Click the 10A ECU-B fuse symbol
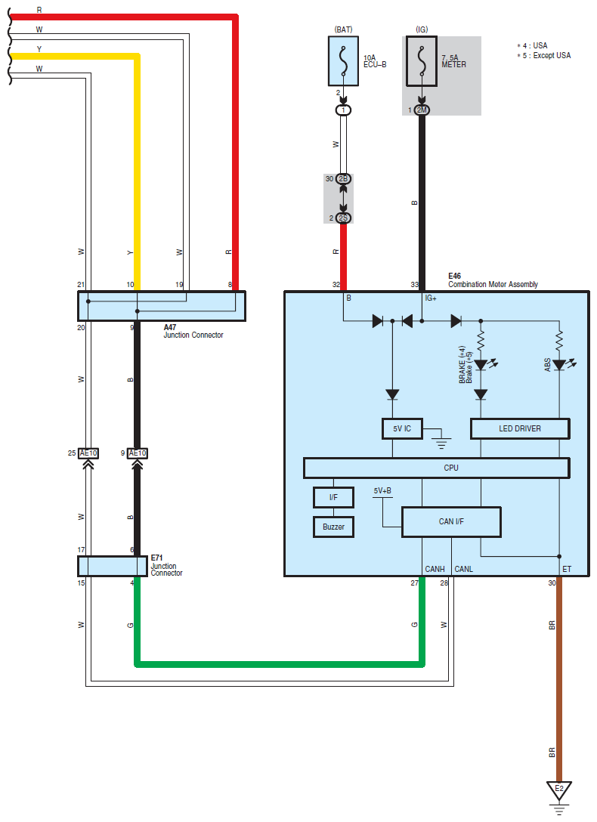[x=343, y=60]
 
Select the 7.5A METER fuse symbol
[x=422, y=60]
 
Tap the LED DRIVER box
[x=520, y=428]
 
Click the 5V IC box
[x=402, y=428]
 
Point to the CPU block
[x=437, y=468]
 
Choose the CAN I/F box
[x=451, y=521]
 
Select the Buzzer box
[x=333, y=527]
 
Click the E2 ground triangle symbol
[x=559, y=790]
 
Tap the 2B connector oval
[x=343, y=179]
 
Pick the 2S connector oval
[x=343, y=218]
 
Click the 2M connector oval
[x=422, y=110]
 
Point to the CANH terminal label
[x=435, y=569]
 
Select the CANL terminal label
[x=464, y=569]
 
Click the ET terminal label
[x=567, y=569]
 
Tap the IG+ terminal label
[x=431, y=298]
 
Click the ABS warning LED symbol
[x=560, y=365]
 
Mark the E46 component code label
[x=454, y=276]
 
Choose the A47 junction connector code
[x=170, y=327]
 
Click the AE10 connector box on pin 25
[x=88, y=453]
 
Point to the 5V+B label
[x=382, y=490]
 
